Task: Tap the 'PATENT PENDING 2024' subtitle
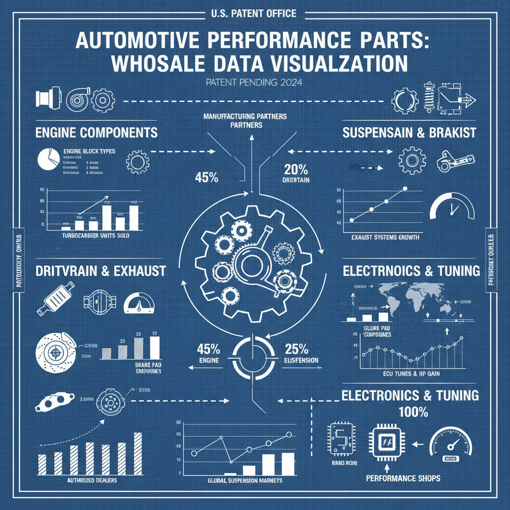click(255, 83)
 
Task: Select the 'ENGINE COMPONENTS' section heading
click(97, 133)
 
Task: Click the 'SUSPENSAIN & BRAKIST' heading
click(409, 133)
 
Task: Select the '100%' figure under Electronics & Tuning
click(413, 412)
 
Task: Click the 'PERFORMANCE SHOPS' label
click(403, 479)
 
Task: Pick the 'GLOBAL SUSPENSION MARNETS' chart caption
click(244, 481)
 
